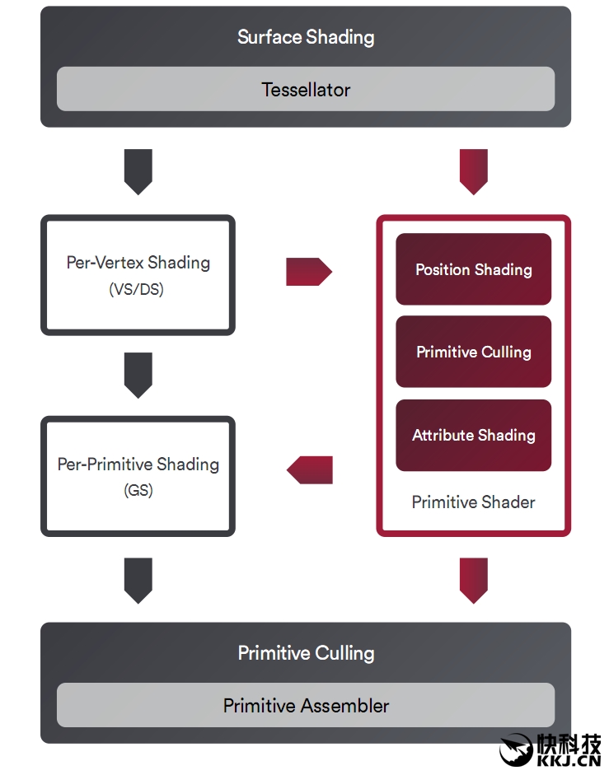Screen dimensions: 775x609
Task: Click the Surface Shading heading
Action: pos(306,37)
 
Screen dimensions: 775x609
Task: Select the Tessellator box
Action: pos(306,89)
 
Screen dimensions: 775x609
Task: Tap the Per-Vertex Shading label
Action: pos(138,263)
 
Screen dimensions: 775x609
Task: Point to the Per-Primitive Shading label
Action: pos(138,464)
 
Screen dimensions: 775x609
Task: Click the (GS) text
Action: pos(138,490)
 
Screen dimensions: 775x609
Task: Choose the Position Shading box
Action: pos(473,269)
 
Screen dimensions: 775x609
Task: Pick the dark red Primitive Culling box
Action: pos(473,352)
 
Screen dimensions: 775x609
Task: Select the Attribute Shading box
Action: pos(473,435)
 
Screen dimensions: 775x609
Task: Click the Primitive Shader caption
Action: pos(473,502)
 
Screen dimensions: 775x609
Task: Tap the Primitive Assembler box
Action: pos(306,706)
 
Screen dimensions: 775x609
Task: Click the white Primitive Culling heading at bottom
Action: pos(306,653)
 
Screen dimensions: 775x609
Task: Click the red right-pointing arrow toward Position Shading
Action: pos(308,271)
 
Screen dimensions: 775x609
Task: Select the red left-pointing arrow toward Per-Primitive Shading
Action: pos(310,470)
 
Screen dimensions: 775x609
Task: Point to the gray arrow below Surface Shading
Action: pos(138,171)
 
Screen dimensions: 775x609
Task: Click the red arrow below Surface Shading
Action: pos(474,171)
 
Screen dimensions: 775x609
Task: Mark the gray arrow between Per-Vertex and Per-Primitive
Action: pos(138,375)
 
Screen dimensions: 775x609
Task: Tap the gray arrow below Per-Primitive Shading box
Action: pos(138,580)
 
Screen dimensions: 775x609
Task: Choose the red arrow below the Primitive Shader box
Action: pos(474,580)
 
